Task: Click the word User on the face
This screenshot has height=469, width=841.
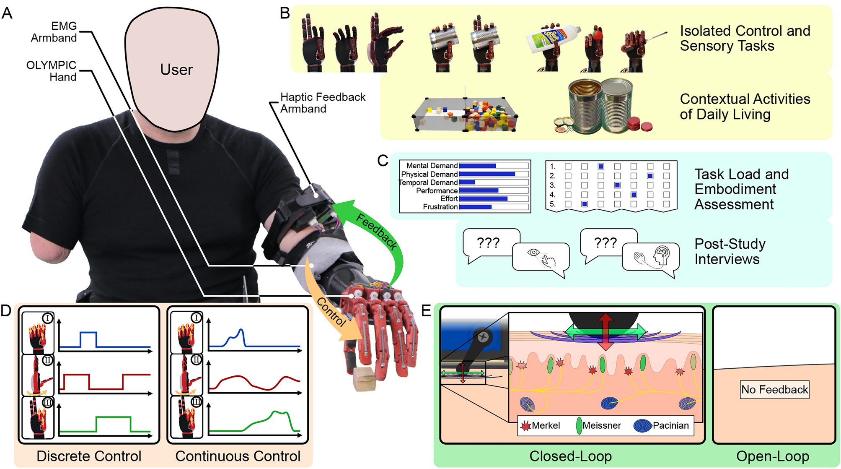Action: [x=176, y=70]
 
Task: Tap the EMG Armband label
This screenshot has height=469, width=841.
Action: [x=54, y=32]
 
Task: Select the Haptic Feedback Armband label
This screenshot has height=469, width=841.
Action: [x=322, y=103]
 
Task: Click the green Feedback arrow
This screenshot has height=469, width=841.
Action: [x=377, y=231]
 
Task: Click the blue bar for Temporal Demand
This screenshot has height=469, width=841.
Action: [x=467, y=182]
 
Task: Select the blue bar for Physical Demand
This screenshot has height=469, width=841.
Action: [x=487, y=174]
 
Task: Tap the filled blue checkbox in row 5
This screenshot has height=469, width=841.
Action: [x=585, y=204]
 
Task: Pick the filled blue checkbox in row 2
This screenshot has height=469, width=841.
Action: [x=650, y=176]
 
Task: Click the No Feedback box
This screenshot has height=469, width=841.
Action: [x=774, y=389]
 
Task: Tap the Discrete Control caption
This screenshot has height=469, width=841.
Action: [x=89, y=456]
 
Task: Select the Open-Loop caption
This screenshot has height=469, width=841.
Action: [x=772, y=456]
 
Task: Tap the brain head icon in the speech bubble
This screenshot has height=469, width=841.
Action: [x=662, y=255]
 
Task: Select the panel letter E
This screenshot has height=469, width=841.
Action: [x=426, y=311]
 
